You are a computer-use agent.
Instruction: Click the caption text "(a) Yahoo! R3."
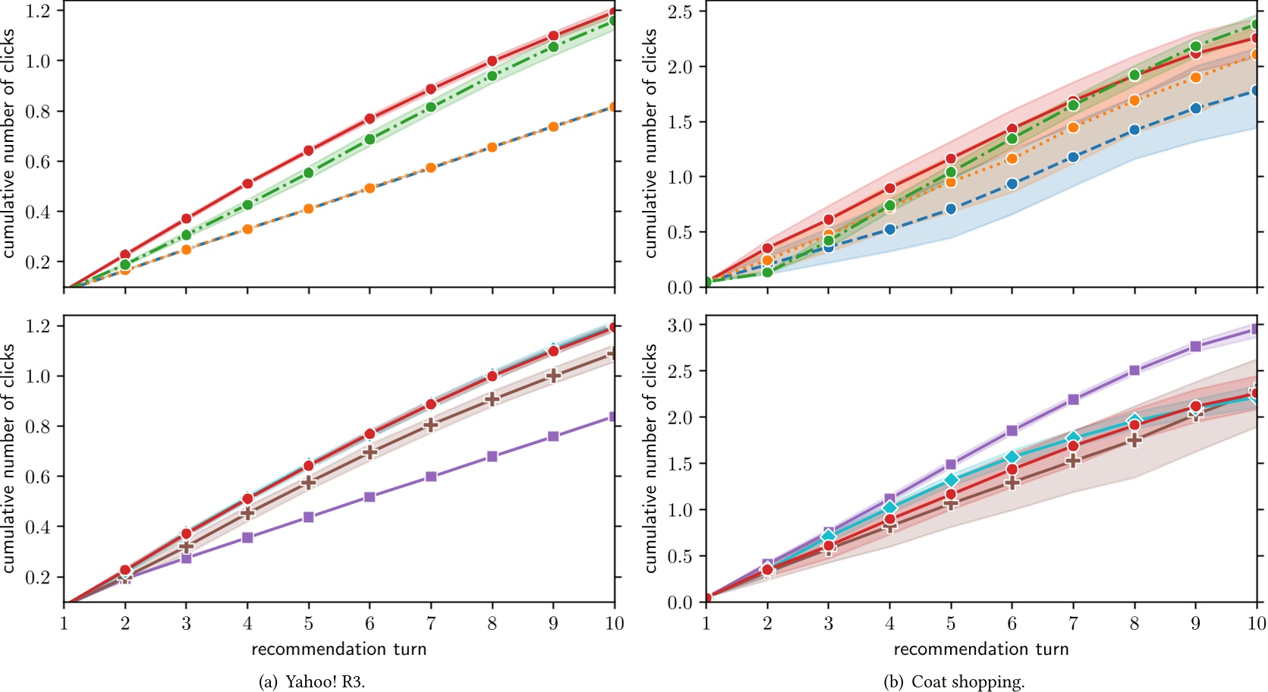point(312,681)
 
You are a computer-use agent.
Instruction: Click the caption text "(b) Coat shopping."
point(954,681)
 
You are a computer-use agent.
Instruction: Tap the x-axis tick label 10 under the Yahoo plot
point(614,624)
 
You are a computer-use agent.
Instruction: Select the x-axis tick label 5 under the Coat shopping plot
point(950,624)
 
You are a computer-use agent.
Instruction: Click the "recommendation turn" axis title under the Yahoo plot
point(338,649)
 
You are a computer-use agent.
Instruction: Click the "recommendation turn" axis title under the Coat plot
point(980,649)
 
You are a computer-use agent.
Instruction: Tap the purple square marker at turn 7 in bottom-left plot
point(431,477)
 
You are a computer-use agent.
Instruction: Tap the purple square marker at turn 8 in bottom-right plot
point(1134,370)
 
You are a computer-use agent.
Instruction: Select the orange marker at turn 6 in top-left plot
point(370,187)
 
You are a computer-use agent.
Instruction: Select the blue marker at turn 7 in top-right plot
point(1073,157)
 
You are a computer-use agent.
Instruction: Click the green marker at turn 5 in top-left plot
point(308,173)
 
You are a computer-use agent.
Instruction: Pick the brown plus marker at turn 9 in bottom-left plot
point(553,376)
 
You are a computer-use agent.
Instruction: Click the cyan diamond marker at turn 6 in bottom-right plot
point(1012,457)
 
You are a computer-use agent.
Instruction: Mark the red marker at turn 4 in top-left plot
point(247,184)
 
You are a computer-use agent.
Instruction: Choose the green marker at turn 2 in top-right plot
point(767,272)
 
